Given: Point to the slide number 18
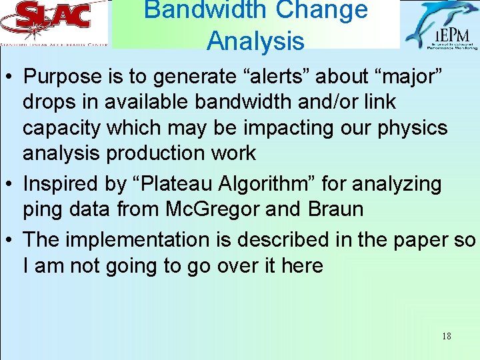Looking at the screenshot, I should tap(446, 336).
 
